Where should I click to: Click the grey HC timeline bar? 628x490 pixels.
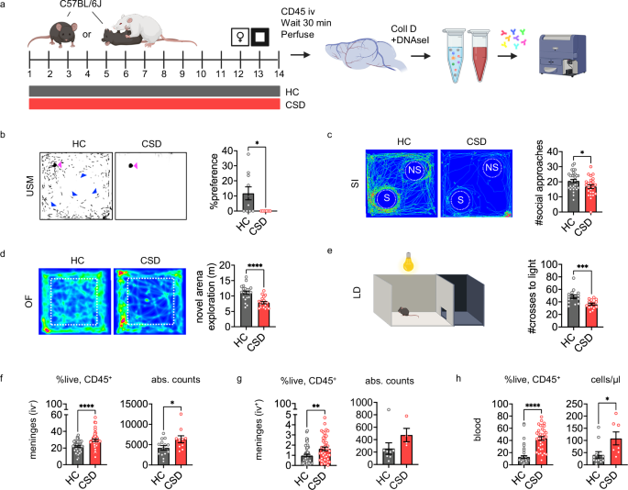pyautogui.click(x=154, y=91)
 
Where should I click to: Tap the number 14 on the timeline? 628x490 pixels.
pyautogui.click(x=278, y=72)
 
